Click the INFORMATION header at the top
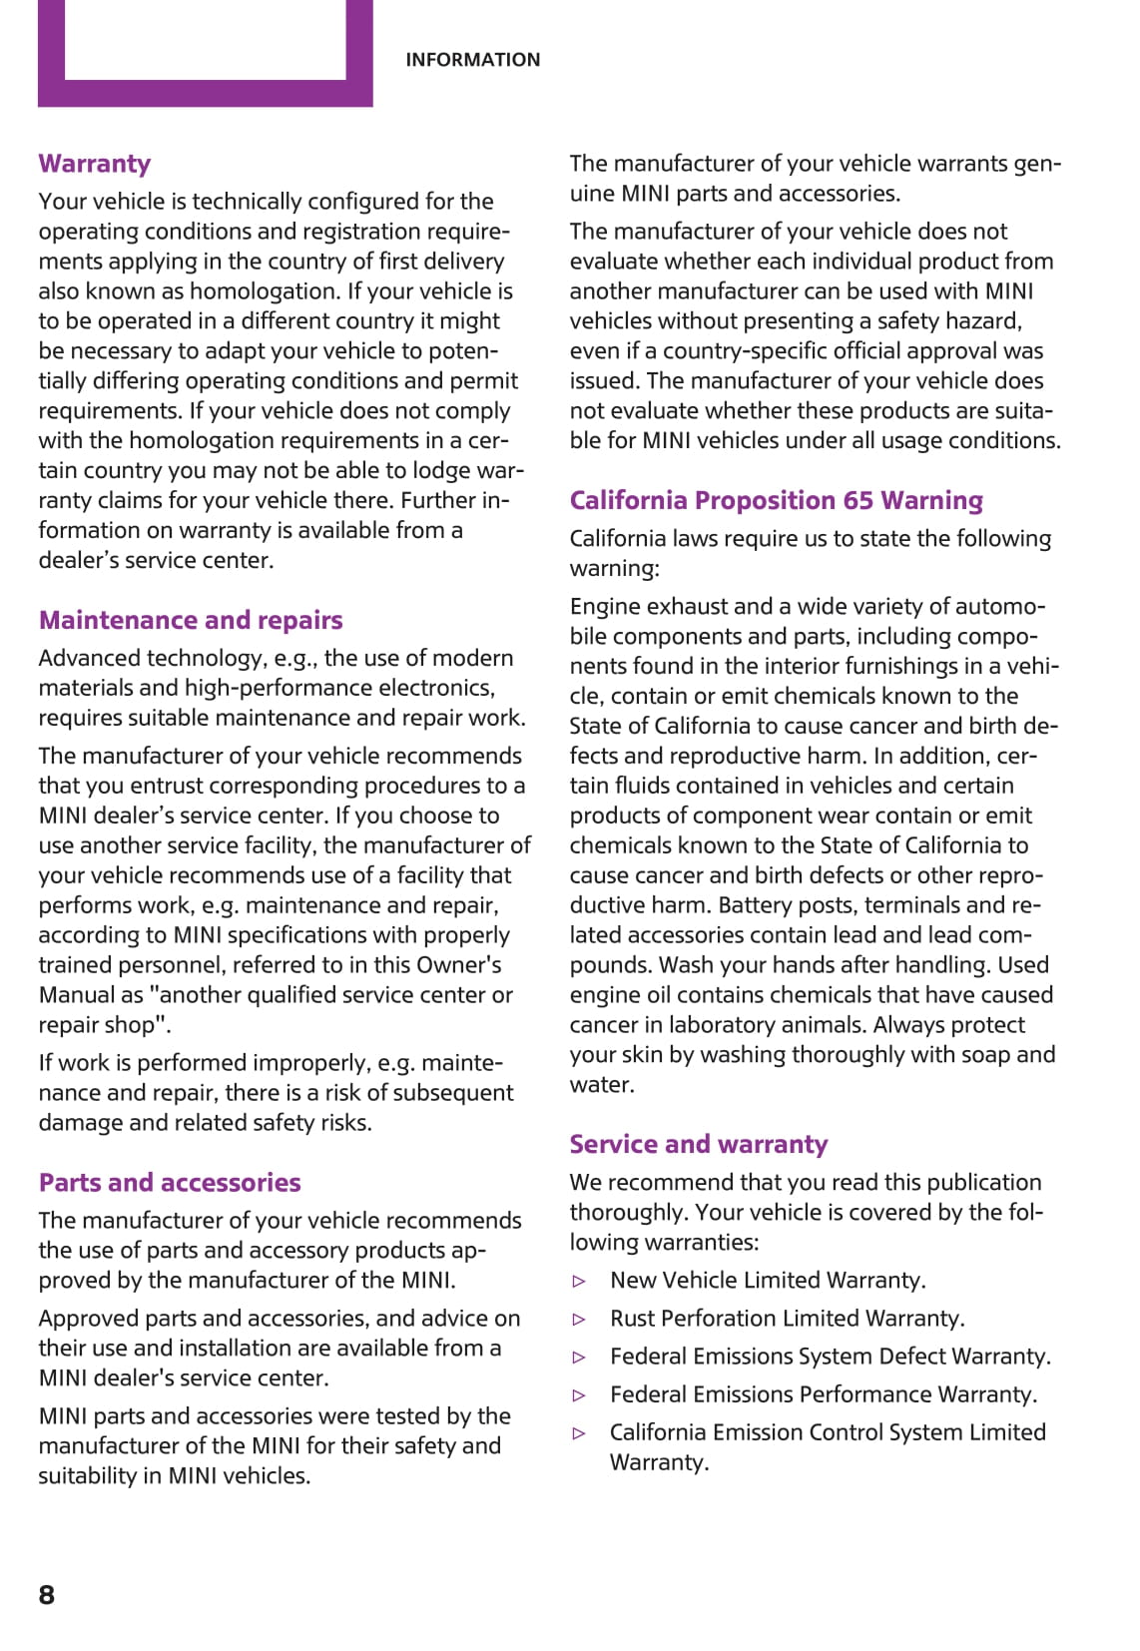point(472,60)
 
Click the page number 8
point(47,1594)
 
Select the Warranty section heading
point(95,164)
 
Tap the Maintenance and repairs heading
point(191,620)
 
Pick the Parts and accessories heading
point(170,1183)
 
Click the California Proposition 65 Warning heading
point(776,500)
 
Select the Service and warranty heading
point(699,1144)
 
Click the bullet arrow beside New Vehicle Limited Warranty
point(579,1281)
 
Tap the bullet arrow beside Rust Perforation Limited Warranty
point(579,1319)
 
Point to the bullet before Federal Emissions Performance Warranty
point(579,1395)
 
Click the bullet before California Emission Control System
point(579,1433)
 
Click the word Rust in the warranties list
point(633,1319)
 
